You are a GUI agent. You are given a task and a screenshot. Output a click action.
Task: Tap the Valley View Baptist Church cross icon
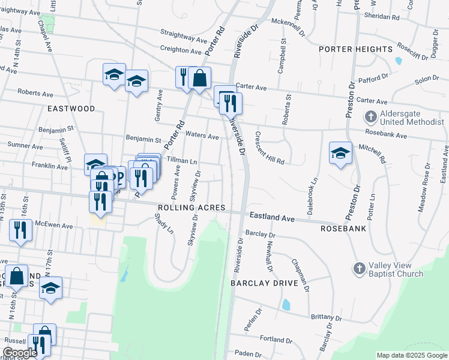[x=359, y=268]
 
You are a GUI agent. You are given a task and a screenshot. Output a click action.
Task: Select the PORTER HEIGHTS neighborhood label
[x=356, y=49]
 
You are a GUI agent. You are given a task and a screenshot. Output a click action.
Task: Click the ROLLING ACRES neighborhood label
[x=191, y=208]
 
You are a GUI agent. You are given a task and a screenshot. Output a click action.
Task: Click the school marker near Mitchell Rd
[x=340, y=152]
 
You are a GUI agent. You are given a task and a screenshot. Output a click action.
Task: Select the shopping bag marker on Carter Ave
[x=199, y=78]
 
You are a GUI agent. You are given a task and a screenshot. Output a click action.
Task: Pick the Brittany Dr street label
[x=325, y=317]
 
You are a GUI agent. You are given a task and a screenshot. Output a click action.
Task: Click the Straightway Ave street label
[x=184, y=38]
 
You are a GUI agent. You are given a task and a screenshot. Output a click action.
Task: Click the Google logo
[x=20, y=353]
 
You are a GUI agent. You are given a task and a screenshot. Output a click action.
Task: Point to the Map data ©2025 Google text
[x=412, y=355]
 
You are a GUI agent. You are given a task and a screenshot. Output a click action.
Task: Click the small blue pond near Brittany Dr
[x=286, y=305]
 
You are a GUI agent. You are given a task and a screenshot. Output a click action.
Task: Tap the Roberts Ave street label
[x=35, y=93]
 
